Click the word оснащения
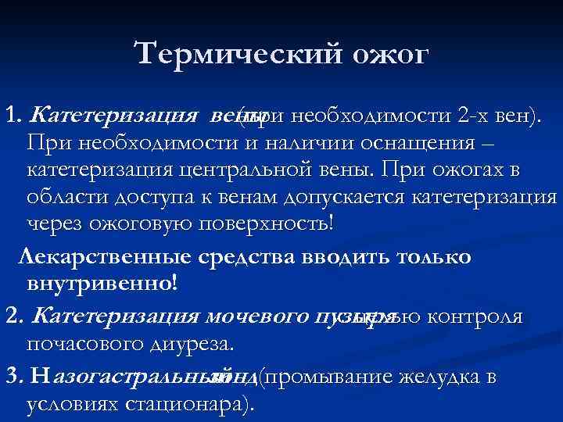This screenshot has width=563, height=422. click(435, 144)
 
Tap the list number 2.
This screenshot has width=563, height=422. click(12, 316)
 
